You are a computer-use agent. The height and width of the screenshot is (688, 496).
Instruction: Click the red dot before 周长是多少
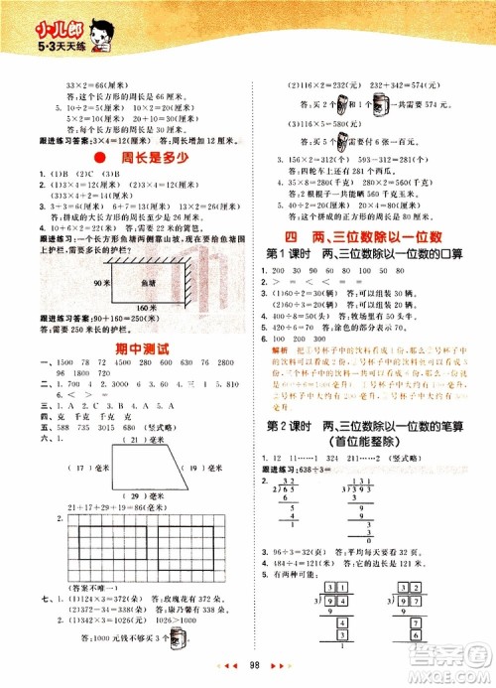pyautogui.click(x=97, y=159)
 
